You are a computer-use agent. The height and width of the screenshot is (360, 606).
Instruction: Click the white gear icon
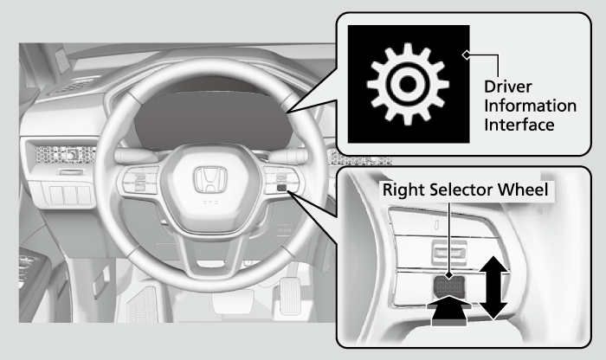[x=408, y=84]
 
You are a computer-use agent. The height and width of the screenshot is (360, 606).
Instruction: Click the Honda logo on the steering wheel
[x=210, y=180]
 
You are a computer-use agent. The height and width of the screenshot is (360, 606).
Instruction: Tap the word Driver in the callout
[x=508, y=87]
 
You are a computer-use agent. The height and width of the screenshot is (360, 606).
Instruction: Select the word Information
[x=530, y=106]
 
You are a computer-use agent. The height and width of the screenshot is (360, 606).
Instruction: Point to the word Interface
[x=519, y=125]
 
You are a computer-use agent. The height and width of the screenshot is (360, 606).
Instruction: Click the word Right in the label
[x=403, y=190]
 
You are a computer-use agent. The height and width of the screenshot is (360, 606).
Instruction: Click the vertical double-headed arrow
[x=493, y=287]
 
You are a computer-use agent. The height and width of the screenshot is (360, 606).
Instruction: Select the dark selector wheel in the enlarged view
[x=448, y=286]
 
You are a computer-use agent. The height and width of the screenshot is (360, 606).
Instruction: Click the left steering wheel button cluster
[x=140, y=180]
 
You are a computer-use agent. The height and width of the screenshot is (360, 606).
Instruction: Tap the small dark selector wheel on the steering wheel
[x=281, y=188]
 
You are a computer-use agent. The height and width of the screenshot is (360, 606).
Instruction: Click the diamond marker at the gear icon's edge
[x=467, y=55]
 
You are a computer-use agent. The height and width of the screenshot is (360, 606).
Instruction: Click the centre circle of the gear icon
[x=408, y=84]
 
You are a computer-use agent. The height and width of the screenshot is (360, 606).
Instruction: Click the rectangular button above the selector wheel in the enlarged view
[x=449, y=253]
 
